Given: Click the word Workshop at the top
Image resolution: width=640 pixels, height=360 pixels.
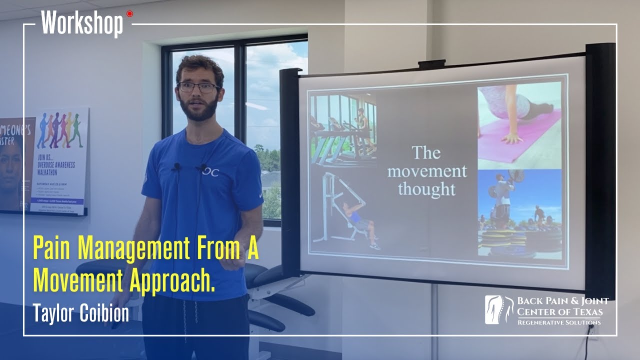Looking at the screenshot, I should point(82,23).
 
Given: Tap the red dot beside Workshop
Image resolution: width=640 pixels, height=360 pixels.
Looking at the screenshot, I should point(130,14).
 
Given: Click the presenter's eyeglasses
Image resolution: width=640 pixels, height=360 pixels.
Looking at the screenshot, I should point(198,87).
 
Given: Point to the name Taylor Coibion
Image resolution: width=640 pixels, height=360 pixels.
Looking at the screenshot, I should point(80,313).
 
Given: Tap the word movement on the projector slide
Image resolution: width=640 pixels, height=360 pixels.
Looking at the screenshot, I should point(426,171).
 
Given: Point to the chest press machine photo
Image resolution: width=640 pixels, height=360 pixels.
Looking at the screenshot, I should point(345,210).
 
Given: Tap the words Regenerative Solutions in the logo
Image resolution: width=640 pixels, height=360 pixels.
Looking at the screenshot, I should point(559,323).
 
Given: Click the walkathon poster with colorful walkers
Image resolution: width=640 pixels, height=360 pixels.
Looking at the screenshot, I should point(59,160).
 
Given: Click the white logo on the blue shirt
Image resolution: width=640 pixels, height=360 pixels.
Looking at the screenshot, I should point(210,172).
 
